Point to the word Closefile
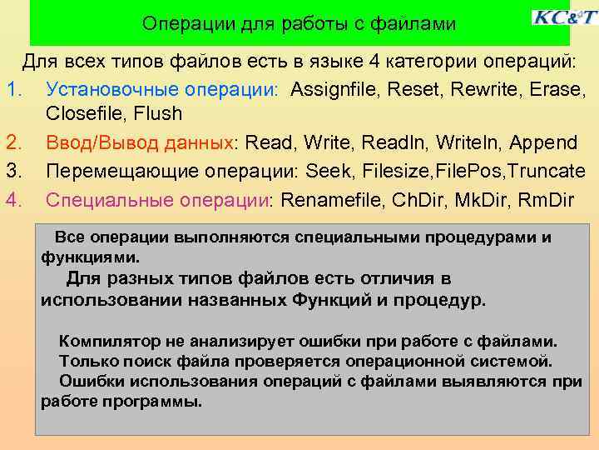pos(82,112)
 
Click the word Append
pos(546,142)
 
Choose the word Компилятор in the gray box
pos(106,342)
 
